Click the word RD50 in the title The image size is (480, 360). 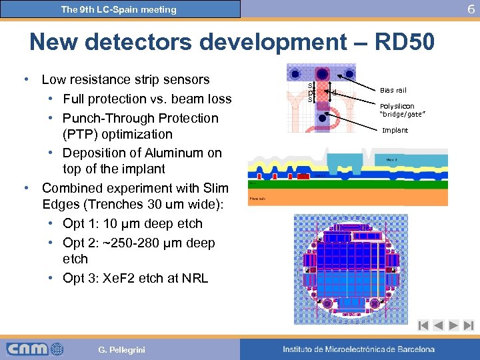point(405,42)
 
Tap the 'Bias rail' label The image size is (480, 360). point(393,90)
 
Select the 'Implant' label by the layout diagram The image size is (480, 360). point(395,130)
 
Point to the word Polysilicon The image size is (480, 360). point(397,106)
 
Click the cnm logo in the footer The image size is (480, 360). point(35,349)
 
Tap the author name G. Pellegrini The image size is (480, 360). point(121,349)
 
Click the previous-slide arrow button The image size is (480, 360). point(438,326)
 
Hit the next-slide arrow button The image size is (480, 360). point(453,326)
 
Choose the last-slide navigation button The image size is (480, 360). point(468,326)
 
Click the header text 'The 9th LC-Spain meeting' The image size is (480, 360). point(119,9)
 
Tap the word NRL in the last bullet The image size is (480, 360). point(194,278)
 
